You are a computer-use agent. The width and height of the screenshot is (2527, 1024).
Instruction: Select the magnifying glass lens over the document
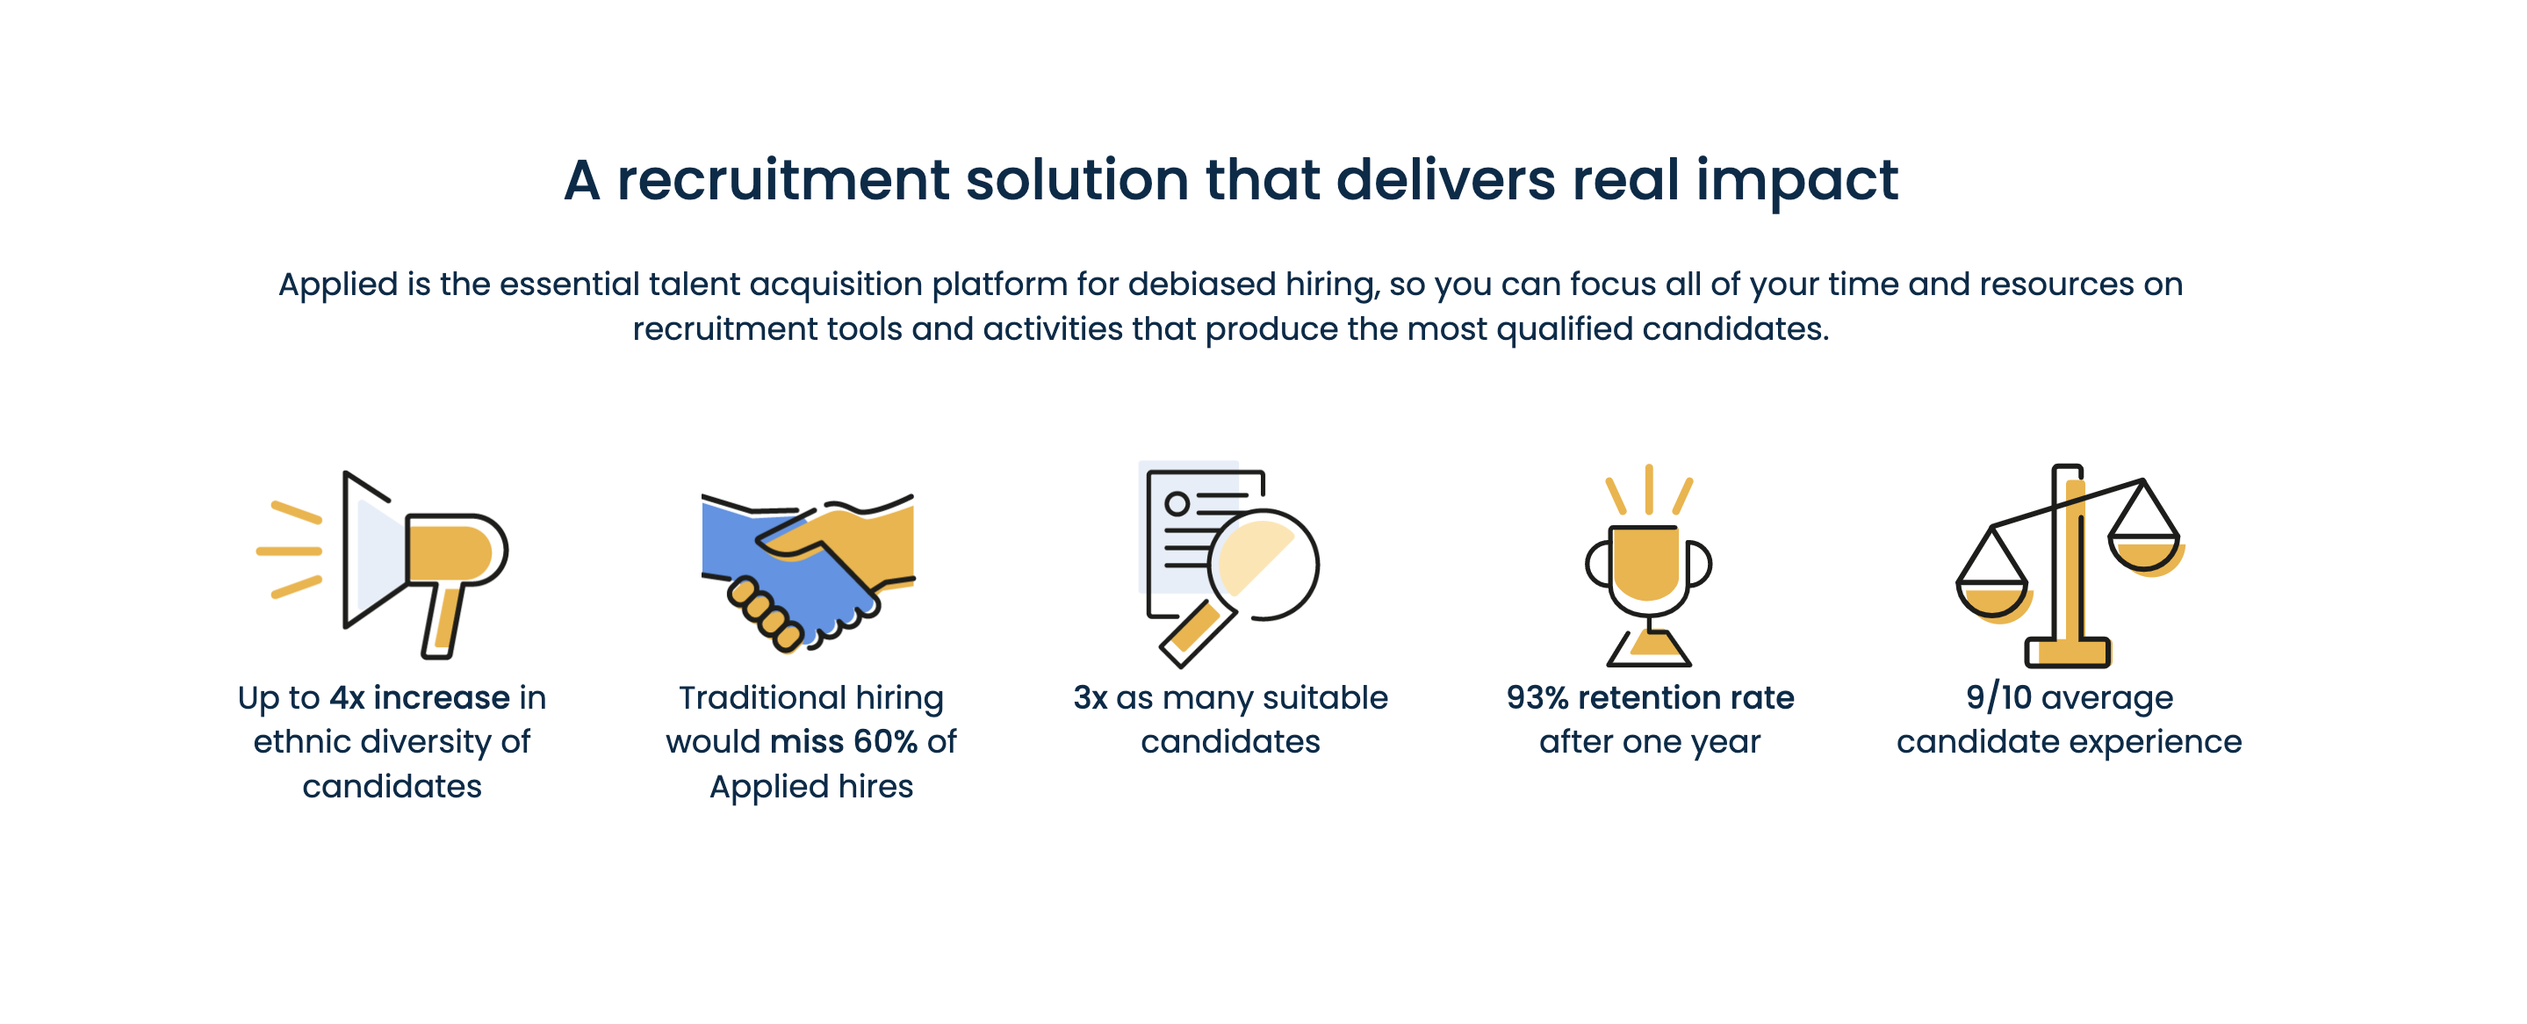tap(1263, 564)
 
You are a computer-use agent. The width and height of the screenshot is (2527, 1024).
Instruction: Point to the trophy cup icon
tap(1649, 565)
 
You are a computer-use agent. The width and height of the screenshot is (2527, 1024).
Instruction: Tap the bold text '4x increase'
tap(420, 697)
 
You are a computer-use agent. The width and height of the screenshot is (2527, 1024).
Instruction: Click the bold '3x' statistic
tap(1090, 697)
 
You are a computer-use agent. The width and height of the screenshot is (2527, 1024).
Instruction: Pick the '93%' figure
tap(1537, 697)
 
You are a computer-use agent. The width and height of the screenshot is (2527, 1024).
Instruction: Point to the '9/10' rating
tap(1998, 697)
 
